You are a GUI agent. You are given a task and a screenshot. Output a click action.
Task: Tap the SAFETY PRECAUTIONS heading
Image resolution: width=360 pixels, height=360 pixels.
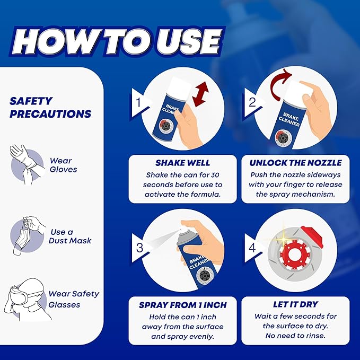coord(50,107)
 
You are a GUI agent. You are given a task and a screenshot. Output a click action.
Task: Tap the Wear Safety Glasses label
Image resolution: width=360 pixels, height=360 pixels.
coord(74,299)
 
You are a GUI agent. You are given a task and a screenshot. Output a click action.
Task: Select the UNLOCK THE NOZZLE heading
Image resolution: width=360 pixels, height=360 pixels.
coord(296,163)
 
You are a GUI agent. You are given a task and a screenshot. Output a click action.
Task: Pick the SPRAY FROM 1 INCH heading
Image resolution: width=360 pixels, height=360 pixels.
coord(183,305)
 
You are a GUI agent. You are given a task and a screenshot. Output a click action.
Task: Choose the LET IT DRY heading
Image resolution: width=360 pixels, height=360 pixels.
coord(296,305)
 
